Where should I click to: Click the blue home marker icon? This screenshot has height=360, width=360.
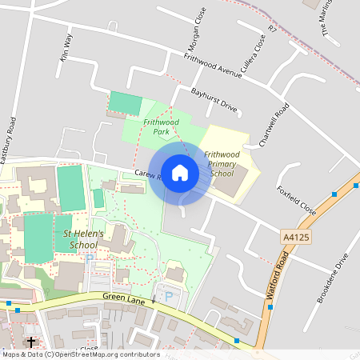click(179, 172)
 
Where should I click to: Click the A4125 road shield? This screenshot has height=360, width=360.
click(296, 238)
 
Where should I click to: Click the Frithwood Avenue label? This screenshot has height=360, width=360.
click(212, 66)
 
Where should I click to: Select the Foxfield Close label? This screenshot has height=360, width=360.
click(297, 201)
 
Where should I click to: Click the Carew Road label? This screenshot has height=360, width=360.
click(149, 174)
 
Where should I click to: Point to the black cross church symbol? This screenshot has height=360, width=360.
click(31, 342)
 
